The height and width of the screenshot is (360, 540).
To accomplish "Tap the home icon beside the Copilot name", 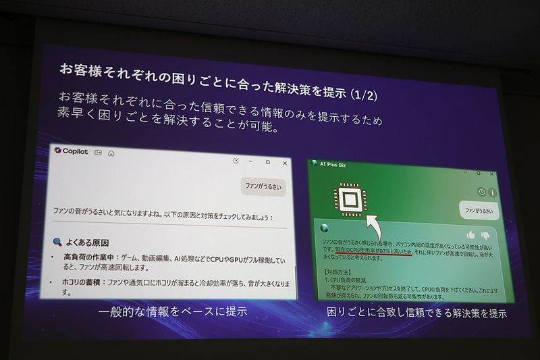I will (111, 153).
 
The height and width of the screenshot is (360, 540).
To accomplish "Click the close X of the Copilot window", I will (285, 163).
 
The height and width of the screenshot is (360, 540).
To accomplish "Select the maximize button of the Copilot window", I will (268, 162).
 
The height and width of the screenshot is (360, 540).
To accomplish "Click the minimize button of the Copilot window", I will (250, 161).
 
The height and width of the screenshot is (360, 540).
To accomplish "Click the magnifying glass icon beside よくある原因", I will (57, 241).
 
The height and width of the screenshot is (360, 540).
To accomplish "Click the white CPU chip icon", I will (350, 199).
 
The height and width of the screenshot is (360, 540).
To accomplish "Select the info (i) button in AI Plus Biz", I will (492, 192).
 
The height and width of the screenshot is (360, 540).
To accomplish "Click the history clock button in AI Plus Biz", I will (481, 192).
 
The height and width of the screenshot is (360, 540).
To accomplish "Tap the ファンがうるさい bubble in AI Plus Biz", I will (479, 211).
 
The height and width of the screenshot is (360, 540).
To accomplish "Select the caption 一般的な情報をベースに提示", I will (173, 312).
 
